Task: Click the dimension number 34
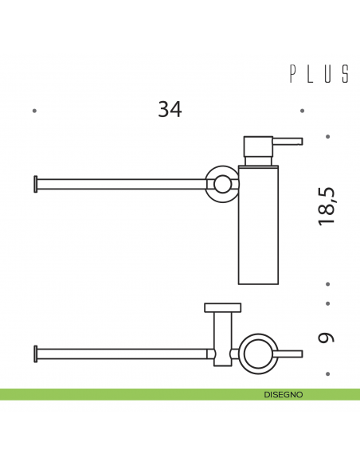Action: click(170, 109)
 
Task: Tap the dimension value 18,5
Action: click(327, 205)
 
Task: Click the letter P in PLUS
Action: click(292, 74)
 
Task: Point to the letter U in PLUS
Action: click(328, 74)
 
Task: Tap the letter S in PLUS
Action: click(346, 74)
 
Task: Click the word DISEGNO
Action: click(284, 394)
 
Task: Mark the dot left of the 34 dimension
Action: click(33, 111)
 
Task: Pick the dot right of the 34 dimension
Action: click(303, 111)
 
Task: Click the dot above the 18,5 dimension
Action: click(327, 136)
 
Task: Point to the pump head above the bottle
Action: click(259, 147)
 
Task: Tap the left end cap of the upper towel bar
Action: click(34, 183)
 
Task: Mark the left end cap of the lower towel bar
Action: click(34, 352)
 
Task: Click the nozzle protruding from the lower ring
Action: click(292, 352)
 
